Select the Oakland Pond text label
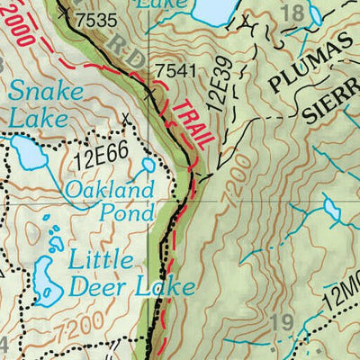[x=110, y=201]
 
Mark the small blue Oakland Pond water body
[x=147, y=167]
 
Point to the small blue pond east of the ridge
[x=332, y=211]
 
